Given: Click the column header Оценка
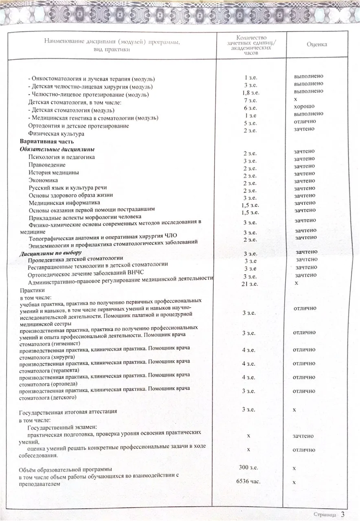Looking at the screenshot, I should pos(317,44).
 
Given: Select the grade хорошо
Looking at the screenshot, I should pos(304,106).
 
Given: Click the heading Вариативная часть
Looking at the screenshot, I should pos(47,142).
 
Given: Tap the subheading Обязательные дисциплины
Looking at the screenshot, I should pos(57,149).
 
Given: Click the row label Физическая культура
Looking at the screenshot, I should pos(56,134).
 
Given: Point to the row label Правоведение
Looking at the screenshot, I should pos(47,165).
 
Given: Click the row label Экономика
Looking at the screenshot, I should pos(43,180).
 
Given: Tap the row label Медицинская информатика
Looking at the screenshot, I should pos(64,203).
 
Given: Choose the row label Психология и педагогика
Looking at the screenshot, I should pos(61,157).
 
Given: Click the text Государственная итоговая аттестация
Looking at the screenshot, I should pos(68,412).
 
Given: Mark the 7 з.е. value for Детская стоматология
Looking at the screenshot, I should pos(250,100).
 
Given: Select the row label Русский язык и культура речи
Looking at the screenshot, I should pos(68,188).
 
